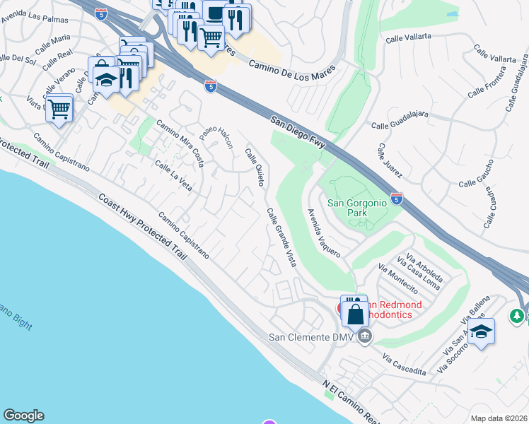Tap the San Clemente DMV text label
(311, 336)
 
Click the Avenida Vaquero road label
(325, 233)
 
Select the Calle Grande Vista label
(281, 237)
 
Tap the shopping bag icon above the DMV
(355, 311)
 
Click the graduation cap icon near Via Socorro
(481, 332)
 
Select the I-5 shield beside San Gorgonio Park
(397, 199)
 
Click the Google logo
(23, 416)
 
